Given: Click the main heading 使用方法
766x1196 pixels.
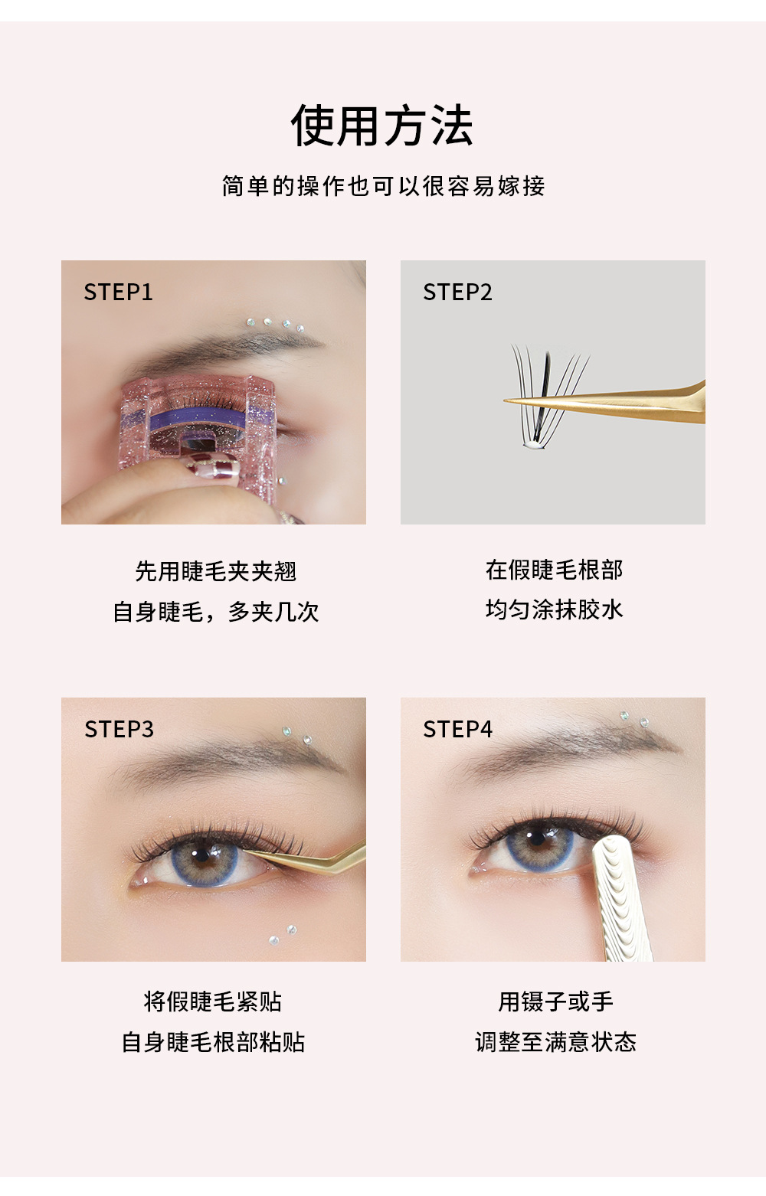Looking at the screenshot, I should pyautogui.click(x=382, y=126).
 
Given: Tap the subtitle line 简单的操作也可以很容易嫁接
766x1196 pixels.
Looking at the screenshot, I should pyautogui.click(x=383, y=186).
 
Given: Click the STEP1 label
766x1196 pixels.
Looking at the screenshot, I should pyautogui.click(x=118, y=292).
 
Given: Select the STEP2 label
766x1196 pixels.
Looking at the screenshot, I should pyautogui.click(x=457, y=292).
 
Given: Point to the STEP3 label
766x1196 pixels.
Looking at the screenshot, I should pyautogui.click(x=119, y=730).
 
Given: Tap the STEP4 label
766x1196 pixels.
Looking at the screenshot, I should pyautogui.click(x=457, y=730).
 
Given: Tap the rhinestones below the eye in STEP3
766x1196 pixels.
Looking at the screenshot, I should pyautogui.click(x=282, y=935).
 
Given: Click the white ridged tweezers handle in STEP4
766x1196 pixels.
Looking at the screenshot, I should pyautogui.click(x=622, y=900).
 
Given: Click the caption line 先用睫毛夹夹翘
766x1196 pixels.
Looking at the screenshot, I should pyautogui.click(x=215, y=572).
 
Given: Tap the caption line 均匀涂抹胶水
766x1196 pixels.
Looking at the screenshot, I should pyautogui.click(x=554, y=610).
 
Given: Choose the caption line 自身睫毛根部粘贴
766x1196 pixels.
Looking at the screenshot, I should pyautogui.click(x=213, y=1043).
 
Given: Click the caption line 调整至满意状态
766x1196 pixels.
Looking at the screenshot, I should pyautogui.click(x=555, y=1043).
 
